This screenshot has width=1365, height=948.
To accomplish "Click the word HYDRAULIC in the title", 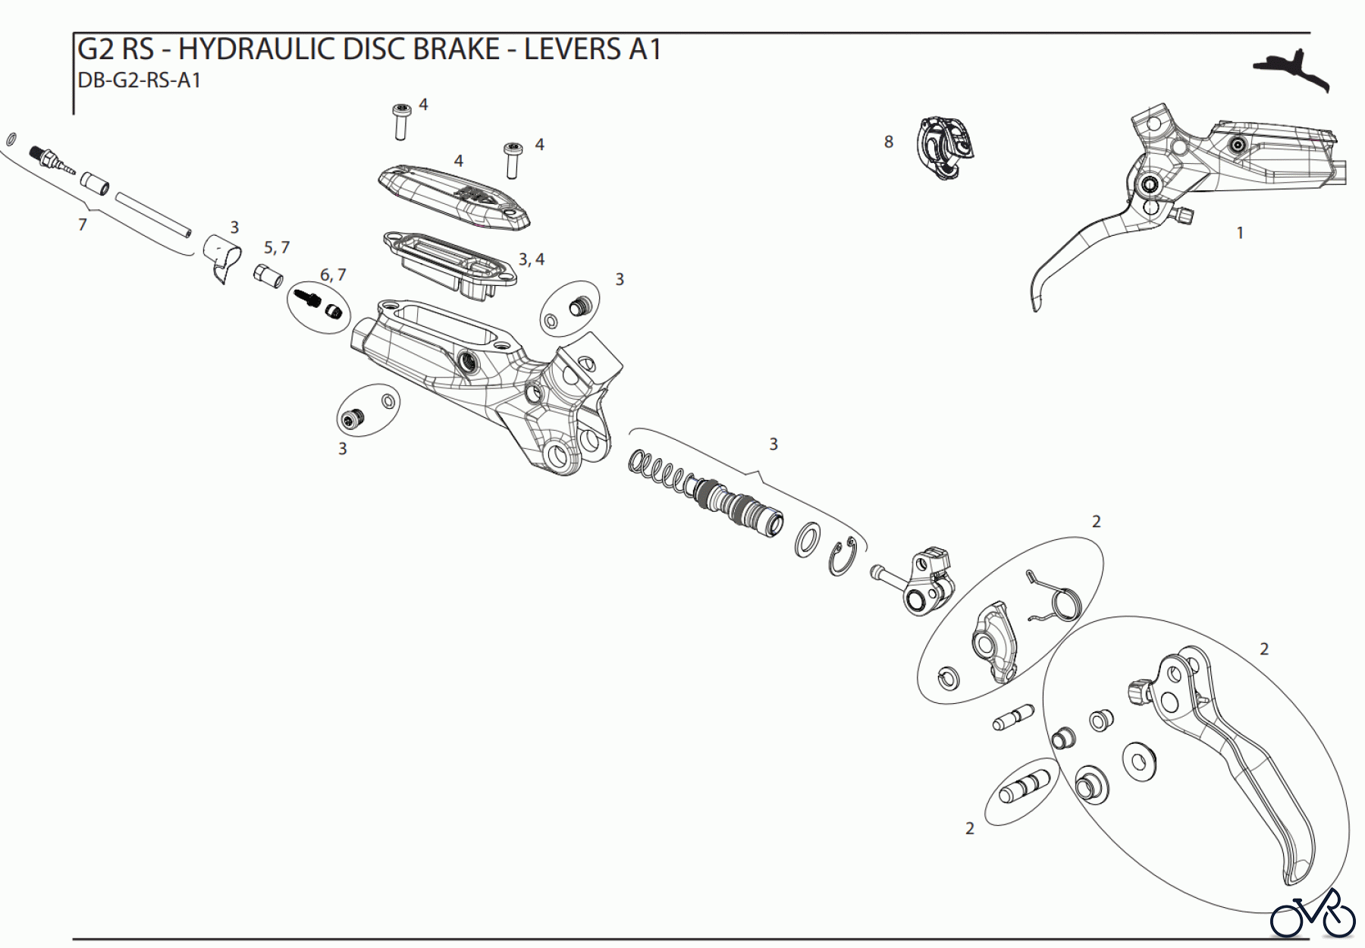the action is (x=256, y=49).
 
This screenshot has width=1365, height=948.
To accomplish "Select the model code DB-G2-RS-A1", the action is (x=140, y=80).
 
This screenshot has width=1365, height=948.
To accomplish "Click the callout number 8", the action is (x=889, y=142).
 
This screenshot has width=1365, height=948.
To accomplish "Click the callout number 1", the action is (x=1240, y=233).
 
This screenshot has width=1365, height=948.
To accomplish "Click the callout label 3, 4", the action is (x=532, y=259).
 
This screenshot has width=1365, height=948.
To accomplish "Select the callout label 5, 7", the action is (x=277, y=248).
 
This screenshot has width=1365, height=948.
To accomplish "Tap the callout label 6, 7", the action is (x=333, y=275).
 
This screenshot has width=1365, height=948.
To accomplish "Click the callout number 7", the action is (x=83, y=224).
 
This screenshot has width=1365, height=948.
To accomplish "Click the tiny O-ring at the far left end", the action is (x=11, y=139).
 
